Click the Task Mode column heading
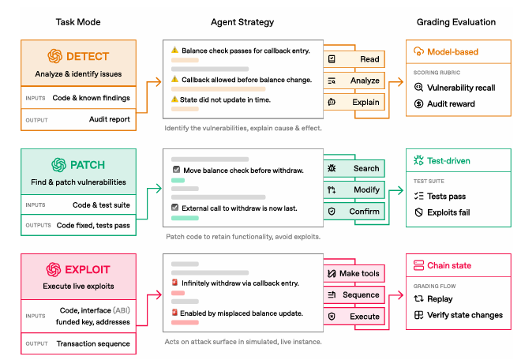pos(78,22)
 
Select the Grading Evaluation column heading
pos(456,22)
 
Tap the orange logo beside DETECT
pos(54,56)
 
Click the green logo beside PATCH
pos(59,165)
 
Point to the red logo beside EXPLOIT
pos(54,269)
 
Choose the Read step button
pos(354,59)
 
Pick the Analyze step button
pos(354,81)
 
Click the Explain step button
pos(354,102)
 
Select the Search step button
pos(354,168)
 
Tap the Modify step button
pos(354,189)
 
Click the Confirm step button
pos(354,212)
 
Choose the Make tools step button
pos(354,274)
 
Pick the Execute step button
pos(354,317)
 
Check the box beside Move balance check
pos(176,170)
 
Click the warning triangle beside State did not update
pos(174,99)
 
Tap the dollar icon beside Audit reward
pos(418,104)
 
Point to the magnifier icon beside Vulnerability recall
pos(418,88)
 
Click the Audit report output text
pos(109,119)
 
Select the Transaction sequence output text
pos(93,343)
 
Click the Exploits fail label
pos(448,212)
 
